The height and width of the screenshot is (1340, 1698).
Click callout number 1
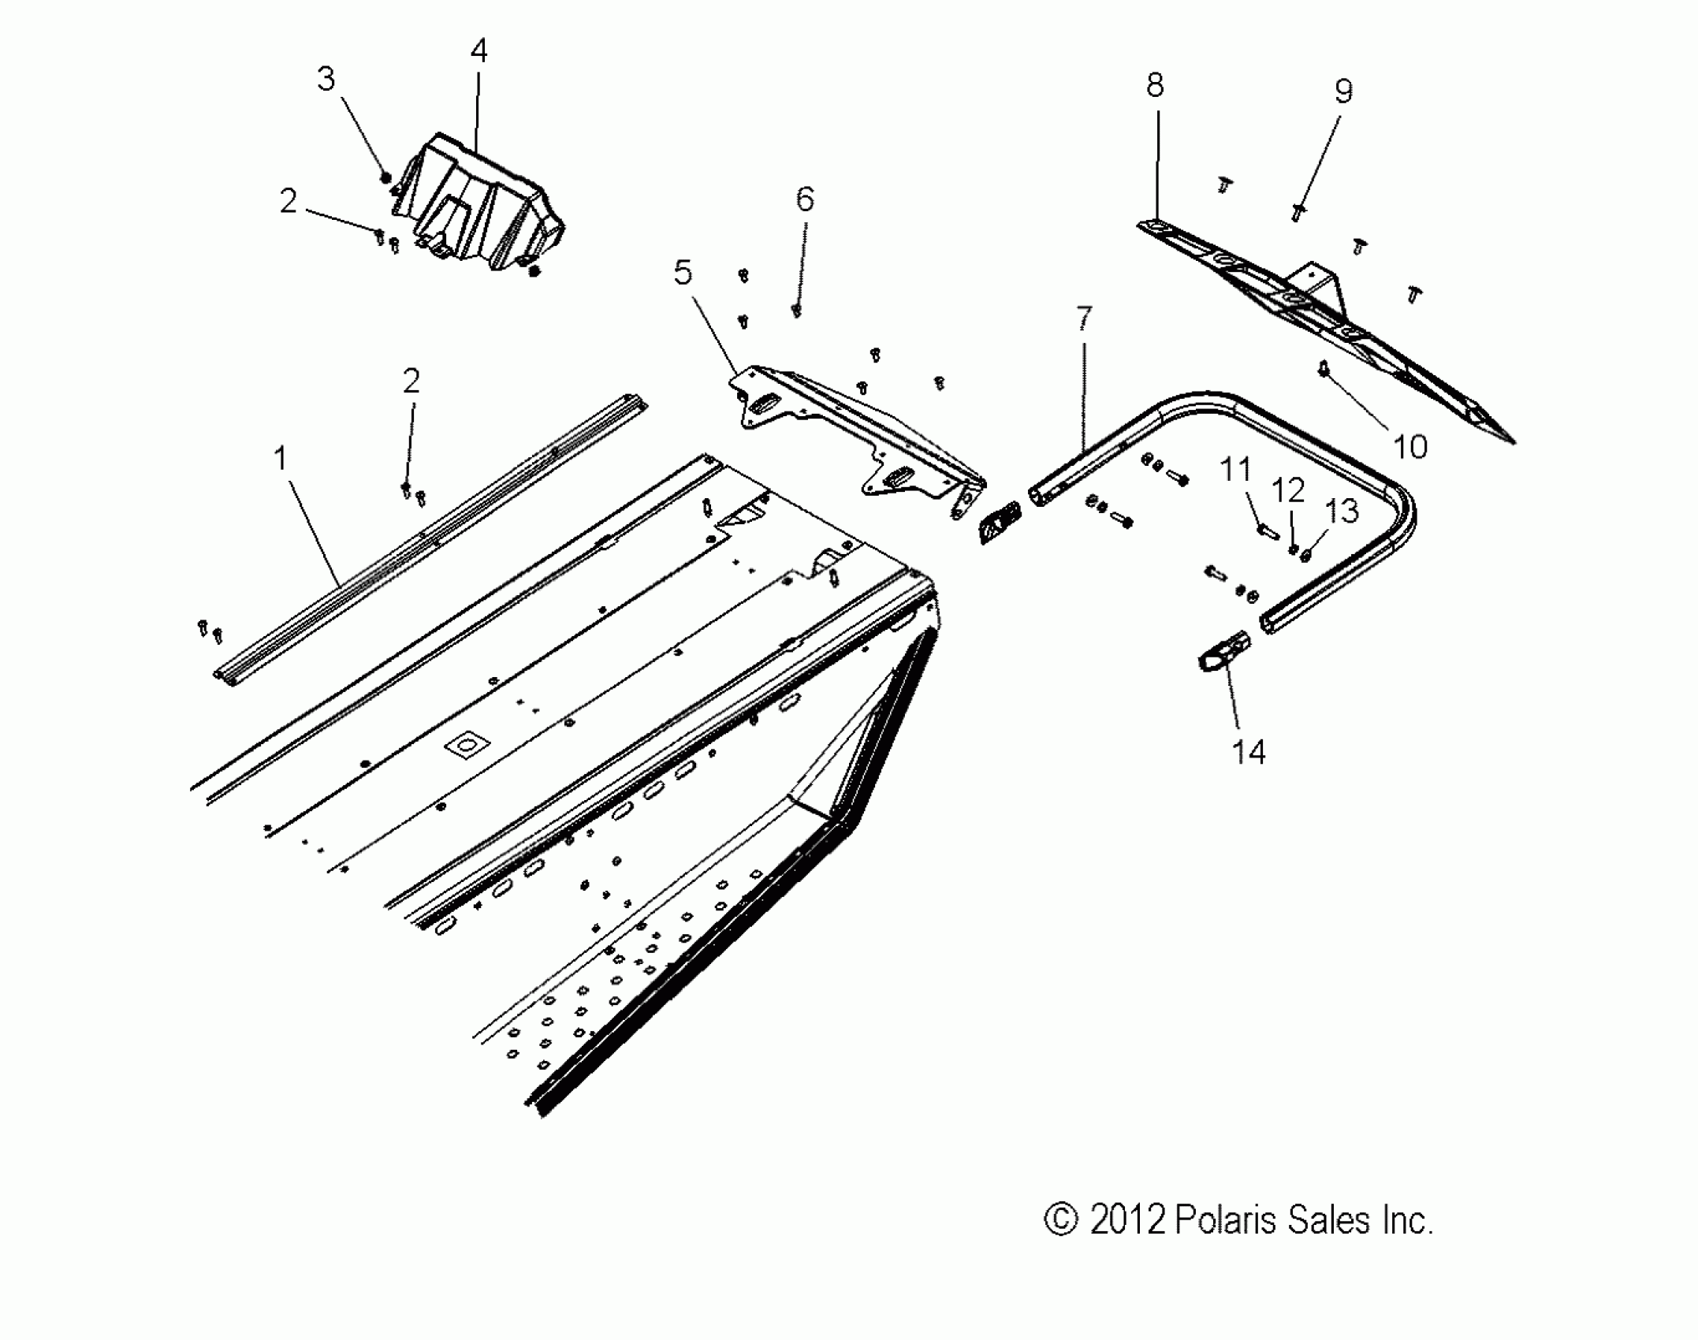pyautogui.click(x=281, y=458)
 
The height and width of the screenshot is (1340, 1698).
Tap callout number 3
pyautogui.click(x=326, y=79)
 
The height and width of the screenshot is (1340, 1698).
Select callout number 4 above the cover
pyautogui.click(x=478, y=51)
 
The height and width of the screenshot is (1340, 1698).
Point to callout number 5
pyautogui.click(x=683, y=273)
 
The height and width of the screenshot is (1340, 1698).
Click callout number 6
pyautogui.click(x=804, y=199)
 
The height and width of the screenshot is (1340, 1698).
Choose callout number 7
pyautogui.click(x=1084, y=318)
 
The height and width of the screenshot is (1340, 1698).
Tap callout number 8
pyautogui.click(x=1155, y=85)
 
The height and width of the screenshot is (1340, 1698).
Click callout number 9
pyautogui.click(x=1343, y=91)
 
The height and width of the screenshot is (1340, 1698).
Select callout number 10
pyautogui.click(x=1410, y=447)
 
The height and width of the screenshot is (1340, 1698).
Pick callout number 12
pyautogui.click(x=1288, y=490)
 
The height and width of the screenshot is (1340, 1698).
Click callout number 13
pyautogui.click(x=1342, y=511)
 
